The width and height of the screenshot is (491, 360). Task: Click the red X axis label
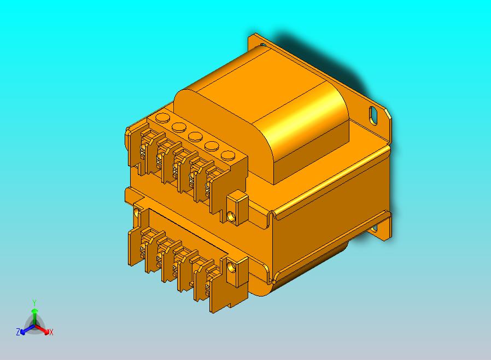51,332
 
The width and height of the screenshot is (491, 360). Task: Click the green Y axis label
34,303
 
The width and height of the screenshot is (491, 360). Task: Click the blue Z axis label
18,332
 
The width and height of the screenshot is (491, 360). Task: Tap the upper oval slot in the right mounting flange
374,115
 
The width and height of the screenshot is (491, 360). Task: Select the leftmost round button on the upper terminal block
162,117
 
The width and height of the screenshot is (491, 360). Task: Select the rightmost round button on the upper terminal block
226,154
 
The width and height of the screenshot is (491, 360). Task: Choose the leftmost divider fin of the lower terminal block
133,245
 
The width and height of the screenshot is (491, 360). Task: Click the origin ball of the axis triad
34,327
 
